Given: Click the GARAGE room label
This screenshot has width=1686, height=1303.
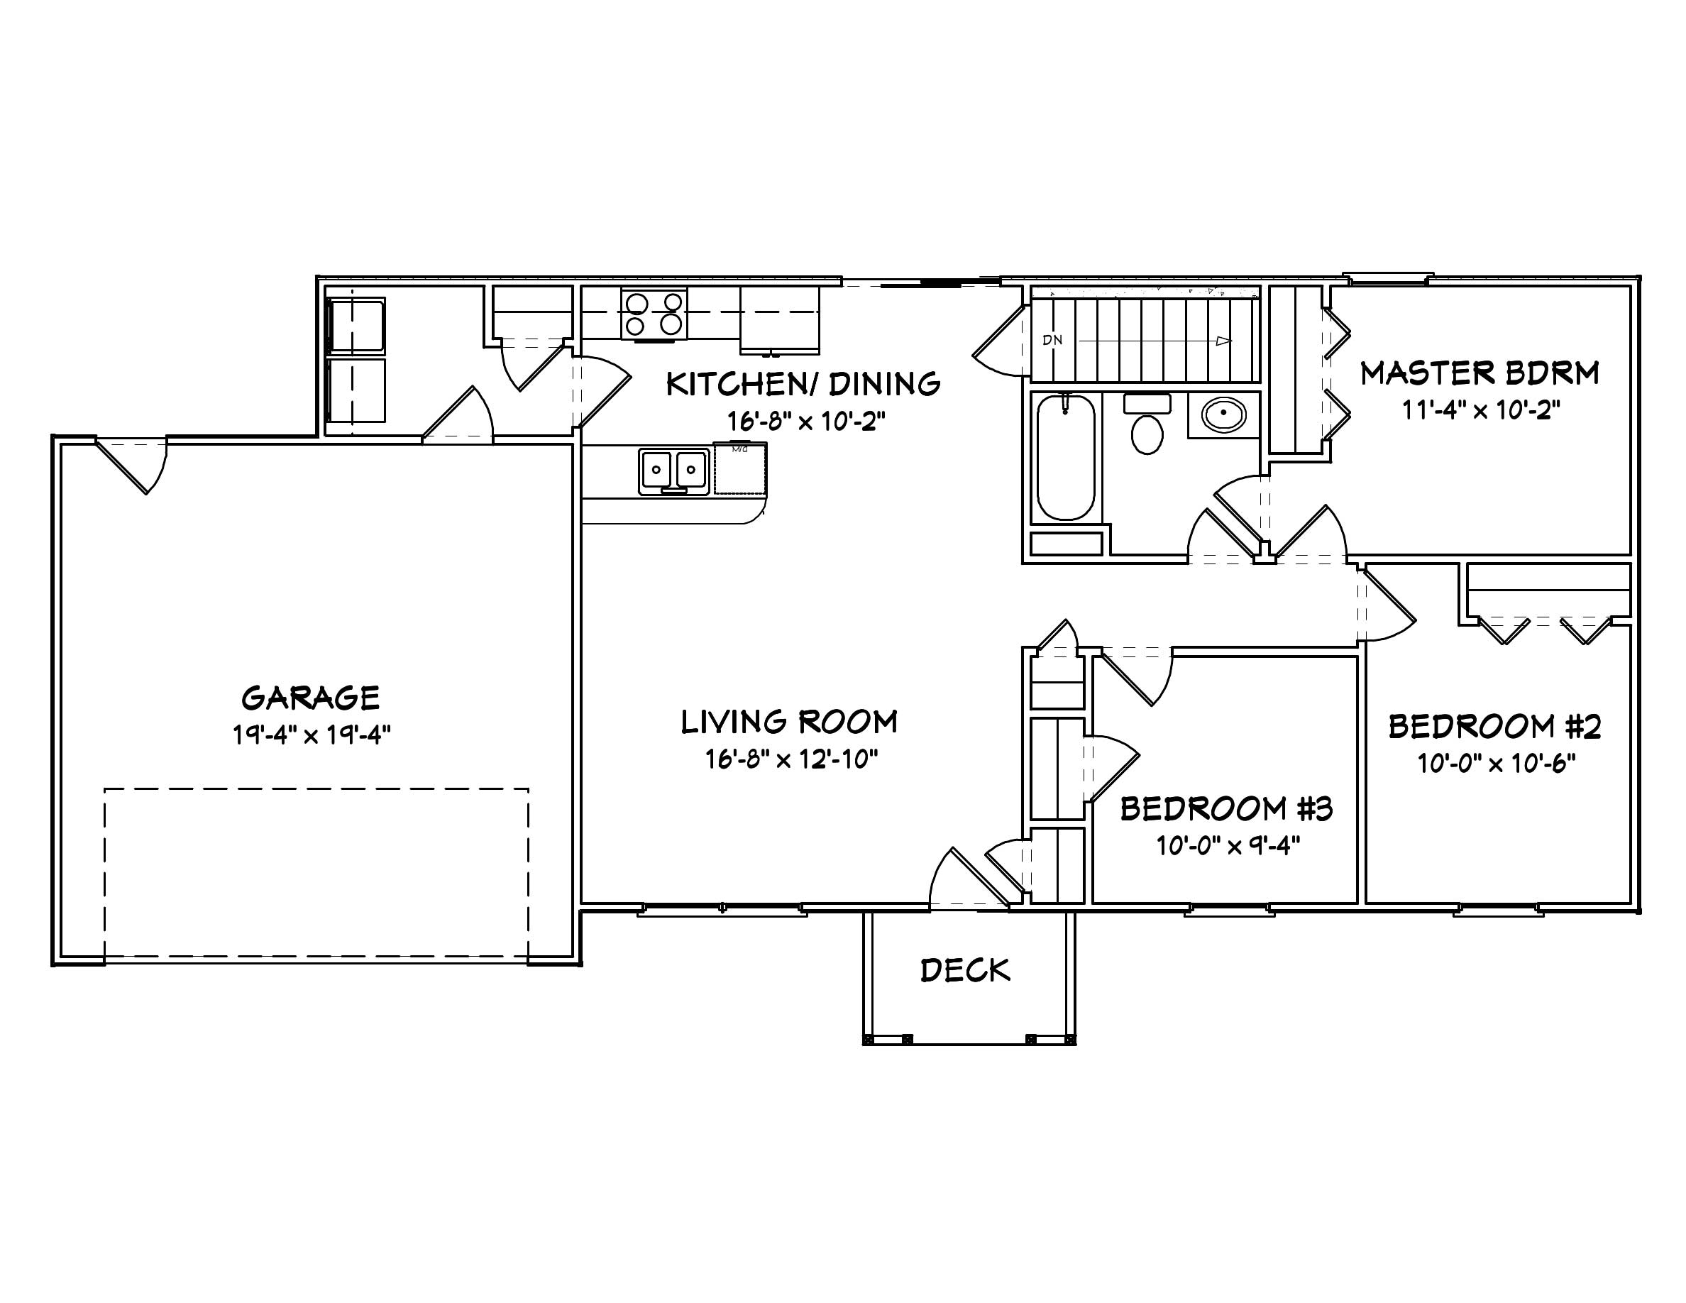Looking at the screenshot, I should pos(310,698).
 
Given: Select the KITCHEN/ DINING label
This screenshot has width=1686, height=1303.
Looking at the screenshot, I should pos(803,384).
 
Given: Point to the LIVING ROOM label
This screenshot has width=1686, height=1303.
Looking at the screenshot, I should pos(789,722).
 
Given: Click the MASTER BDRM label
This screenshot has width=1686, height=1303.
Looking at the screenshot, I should pos(1479,373).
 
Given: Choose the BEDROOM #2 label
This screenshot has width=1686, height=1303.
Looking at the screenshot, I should pos(1494,727).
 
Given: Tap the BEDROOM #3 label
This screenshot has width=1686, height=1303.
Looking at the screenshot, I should pos(1226,809).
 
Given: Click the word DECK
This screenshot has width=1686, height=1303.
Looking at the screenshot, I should pos(965,970).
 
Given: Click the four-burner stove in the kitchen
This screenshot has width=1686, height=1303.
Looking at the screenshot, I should pos(654,314).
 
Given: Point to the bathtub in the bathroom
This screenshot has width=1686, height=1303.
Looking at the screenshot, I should pos(1065,457).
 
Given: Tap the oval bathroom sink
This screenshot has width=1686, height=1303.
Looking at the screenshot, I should pos(1223,415).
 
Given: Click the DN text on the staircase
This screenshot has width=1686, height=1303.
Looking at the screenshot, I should pos(1052,340).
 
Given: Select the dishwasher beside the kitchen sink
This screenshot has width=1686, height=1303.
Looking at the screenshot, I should pos(739,469).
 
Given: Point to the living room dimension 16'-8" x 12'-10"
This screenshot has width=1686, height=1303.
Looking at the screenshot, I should pos(791,759).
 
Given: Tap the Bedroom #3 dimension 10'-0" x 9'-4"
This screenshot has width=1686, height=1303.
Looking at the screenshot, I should pos(1228,846).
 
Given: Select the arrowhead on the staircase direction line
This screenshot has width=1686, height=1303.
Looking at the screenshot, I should pos(1223,341).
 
